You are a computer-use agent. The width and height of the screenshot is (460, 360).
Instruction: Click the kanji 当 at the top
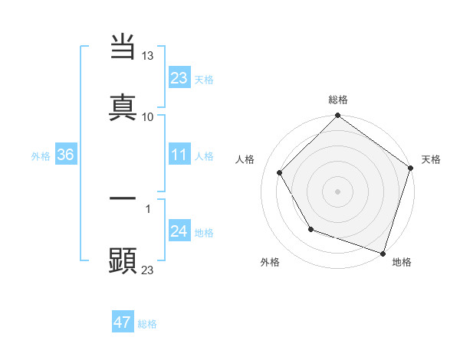click(123, 47)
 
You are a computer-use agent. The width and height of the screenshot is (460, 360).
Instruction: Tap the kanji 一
click(123, 198)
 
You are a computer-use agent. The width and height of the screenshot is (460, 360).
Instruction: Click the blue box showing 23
click(179, 77)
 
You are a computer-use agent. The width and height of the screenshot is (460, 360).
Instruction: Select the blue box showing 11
click(179, 155)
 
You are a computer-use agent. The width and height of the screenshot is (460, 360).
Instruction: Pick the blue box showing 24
click(179, 231)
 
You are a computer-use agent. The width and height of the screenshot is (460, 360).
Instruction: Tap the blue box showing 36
click(66, 155)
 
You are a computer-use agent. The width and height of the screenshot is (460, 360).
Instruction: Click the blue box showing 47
click(123, 322)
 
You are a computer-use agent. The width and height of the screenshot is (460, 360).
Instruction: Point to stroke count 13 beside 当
click(148, 57)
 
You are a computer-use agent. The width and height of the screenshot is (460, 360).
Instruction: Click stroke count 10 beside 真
click(148, 116)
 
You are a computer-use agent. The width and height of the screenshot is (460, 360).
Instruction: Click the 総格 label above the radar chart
click(338, 100)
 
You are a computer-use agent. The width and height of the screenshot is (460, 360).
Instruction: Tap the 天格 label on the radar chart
click(431, 159)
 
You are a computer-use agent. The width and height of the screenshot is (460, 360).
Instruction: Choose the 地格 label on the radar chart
click(402, 262)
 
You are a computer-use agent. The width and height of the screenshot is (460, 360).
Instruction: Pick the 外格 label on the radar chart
click(270, 262)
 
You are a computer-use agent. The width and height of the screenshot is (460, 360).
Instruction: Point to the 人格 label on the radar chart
click(245, 159)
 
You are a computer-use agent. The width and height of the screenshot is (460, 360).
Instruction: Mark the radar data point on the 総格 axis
click(337, 116)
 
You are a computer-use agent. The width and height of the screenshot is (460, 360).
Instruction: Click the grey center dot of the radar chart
click(337, 191)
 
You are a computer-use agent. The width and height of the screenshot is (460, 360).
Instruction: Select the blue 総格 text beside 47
click(147, 324)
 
